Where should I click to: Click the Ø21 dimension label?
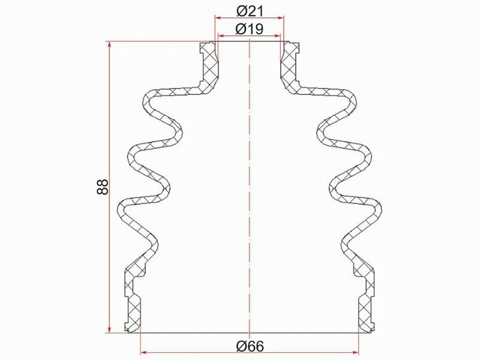[250, 11]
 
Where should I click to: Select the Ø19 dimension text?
[250, 29]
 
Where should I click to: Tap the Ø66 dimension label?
[250, 346]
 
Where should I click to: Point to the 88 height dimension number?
[103, 187]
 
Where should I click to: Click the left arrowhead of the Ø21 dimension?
[218, 18]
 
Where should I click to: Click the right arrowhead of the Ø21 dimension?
[281, 18]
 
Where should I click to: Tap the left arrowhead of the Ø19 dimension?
[221, 36]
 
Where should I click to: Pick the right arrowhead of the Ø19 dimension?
[277, 36]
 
